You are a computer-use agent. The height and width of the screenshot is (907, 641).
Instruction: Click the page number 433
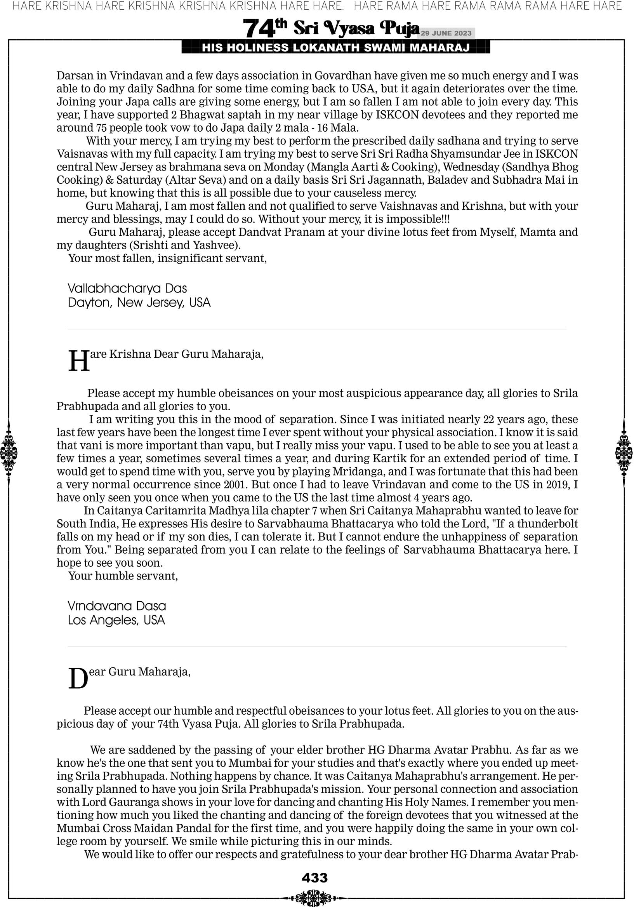(x=314, y=877)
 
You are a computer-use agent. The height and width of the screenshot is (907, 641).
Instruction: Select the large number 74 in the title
(x=259, y=29)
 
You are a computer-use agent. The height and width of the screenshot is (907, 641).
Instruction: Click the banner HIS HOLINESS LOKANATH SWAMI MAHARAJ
(x=336, y=48)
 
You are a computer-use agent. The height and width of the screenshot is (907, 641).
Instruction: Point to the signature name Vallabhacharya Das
(x=127, y=288)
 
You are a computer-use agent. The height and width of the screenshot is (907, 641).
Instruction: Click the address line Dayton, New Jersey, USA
(x=139, y=303)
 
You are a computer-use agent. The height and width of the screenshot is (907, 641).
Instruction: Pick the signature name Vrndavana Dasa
(x=117, y=606)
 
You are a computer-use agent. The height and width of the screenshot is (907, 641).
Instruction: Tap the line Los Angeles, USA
(x=116, y=620)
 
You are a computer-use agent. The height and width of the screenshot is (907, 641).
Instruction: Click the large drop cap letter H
(x=79, y=361)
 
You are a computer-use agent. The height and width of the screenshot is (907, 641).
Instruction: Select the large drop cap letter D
(x=78, y=679)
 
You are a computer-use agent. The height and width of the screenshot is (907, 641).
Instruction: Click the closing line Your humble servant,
(x=123, y=576)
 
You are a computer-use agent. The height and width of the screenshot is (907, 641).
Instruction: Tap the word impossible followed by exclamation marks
(x=412, y=219)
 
